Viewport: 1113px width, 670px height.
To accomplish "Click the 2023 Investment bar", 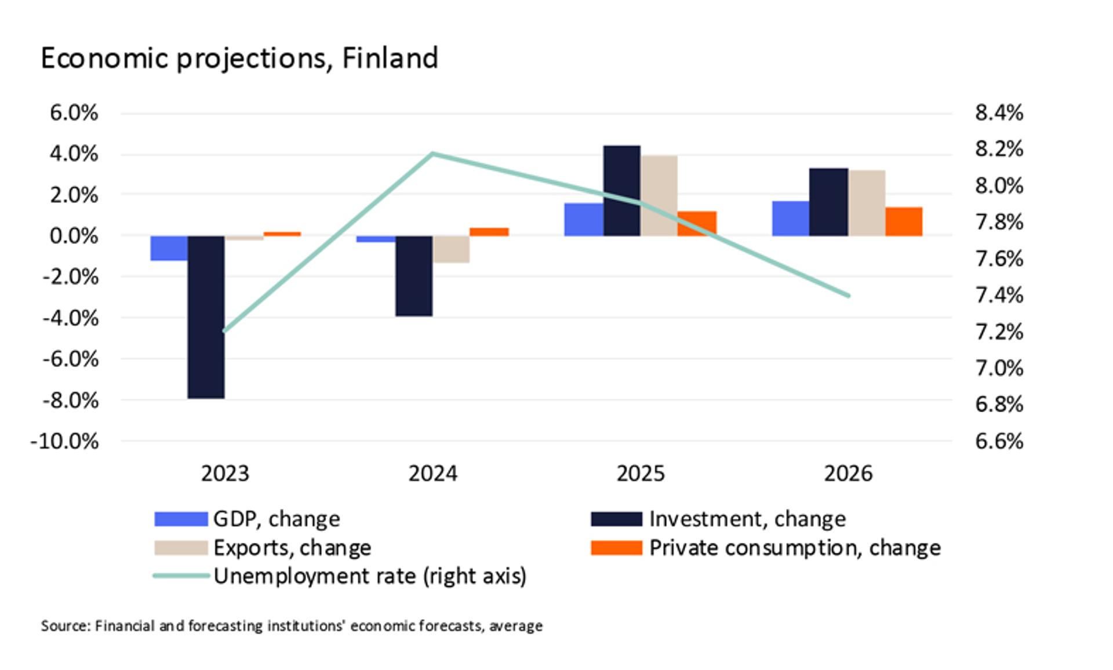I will [x=206, y=317].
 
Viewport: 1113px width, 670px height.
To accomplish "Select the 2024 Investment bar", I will [x=414, y=276].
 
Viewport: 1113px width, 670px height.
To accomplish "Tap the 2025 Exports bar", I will [x=659, y=195].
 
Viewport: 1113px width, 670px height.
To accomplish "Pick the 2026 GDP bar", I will [x=791, y=219].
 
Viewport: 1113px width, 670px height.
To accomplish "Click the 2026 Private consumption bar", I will [x=904, y=221].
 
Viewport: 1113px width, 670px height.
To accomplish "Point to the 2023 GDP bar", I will [x=169, y=248].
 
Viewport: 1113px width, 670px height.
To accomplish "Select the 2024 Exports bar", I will [x=451, y=249].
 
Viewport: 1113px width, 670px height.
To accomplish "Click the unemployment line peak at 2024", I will [x=433, y=154].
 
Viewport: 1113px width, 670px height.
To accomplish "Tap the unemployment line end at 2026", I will [x=849, y=296].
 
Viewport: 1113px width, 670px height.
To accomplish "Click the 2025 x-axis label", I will [x=641, y=474].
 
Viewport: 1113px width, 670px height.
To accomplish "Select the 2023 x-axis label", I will [x=225, y=474].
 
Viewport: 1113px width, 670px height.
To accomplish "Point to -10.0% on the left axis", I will [x=64, y=442].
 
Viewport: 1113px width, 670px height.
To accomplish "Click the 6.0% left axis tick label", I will [x=74, y=113].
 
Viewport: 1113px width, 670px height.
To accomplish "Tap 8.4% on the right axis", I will [x=999, y=113].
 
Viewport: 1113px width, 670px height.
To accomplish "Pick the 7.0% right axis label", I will [x=999, y=369].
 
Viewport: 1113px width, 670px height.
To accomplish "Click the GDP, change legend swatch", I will [x=181, y=519].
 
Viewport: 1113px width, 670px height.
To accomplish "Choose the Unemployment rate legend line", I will [x=181, y=576].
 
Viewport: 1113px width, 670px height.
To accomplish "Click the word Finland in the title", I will [x=390, y=59].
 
